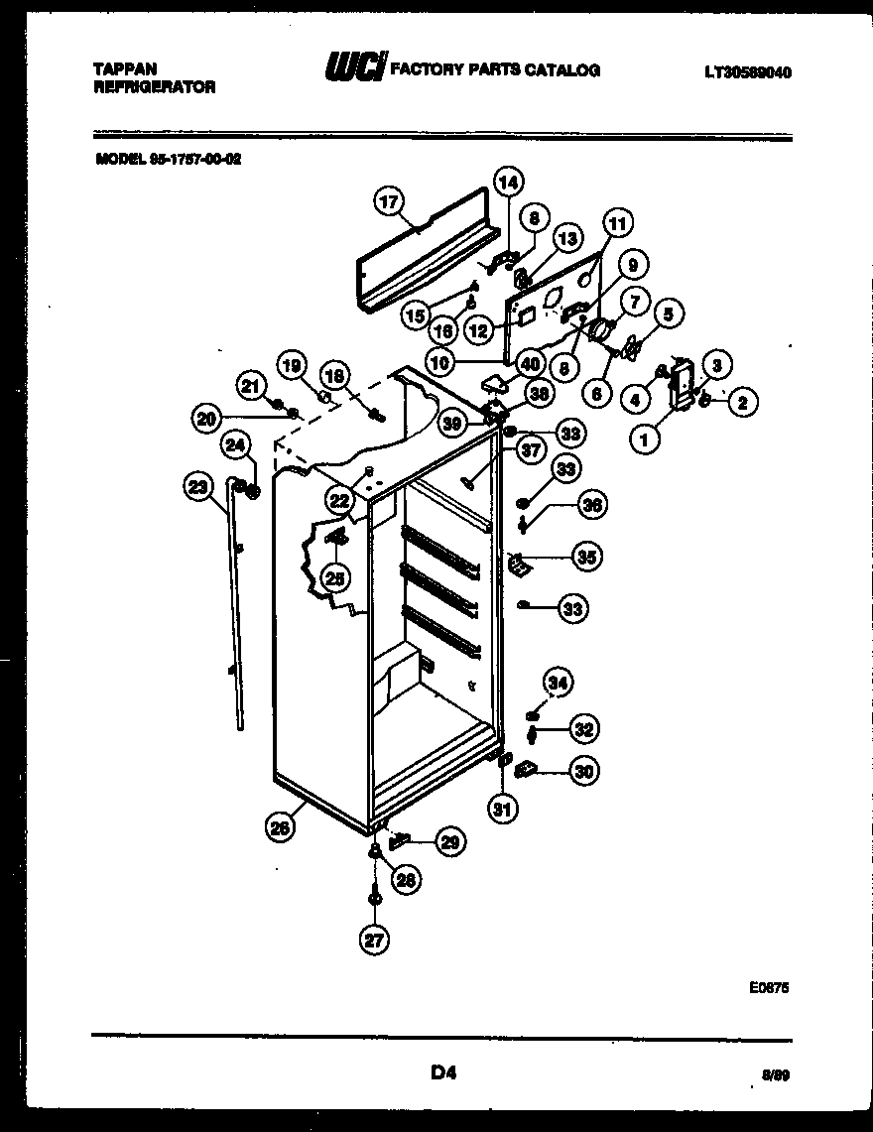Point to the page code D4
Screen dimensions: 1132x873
pyautogui.click(x=442, y=1070)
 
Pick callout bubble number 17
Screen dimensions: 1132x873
pyautogui.click(x=389, y=202)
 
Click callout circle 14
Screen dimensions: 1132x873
pyautogui.click(x=508, y=183)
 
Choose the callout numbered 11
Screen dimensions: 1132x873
pyautogui.click(x=617, y=225)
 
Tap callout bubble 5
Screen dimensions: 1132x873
pyautogui.click(x=668, y=315)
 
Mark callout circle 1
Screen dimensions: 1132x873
pyautogui.click(x=645, y=439)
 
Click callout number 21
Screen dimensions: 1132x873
pyautogui.click(x=251, y=386)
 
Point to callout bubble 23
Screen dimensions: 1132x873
pyautogui.click(x=198, y=486)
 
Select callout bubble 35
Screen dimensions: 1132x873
pyautogui.click(x=587, y=558)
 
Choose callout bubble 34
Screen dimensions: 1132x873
pyautogui.click(x=558, y=682)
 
